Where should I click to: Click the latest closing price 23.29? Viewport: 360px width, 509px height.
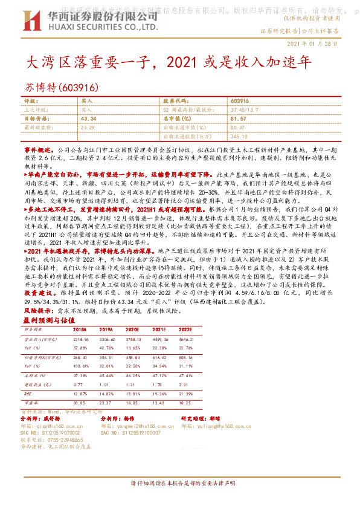click(x=88, y=128)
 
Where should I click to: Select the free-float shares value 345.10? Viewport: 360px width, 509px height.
click(x=239, y=136)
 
